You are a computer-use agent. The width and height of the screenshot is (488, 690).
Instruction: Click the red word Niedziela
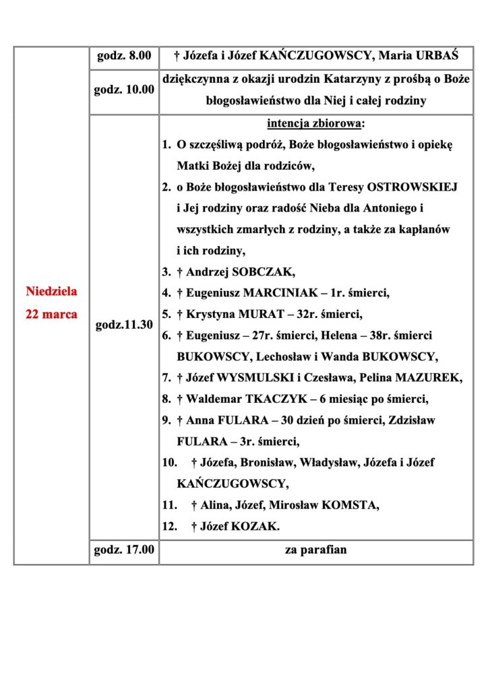click(x=51, y=292)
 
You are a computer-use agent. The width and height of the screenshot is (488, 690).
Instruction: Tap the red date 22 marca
click(x=51, y=314)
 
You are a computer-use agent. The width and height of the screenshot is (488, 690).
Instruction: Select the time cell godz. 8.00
click(x=124, y=55)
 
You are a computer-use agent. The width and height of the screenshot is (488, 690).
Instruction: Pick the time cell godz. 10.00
click(x=124, y=90)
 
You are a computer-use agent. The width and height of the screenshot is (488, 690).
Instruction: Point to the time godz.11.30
click(x=124, y=324)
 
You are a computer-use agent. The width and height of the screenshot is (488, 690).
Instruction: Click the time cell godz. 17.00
click(x=124, y=550)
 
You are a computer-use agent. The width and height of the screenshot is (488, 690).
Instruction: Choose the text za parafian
click(x=315, y=550)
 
